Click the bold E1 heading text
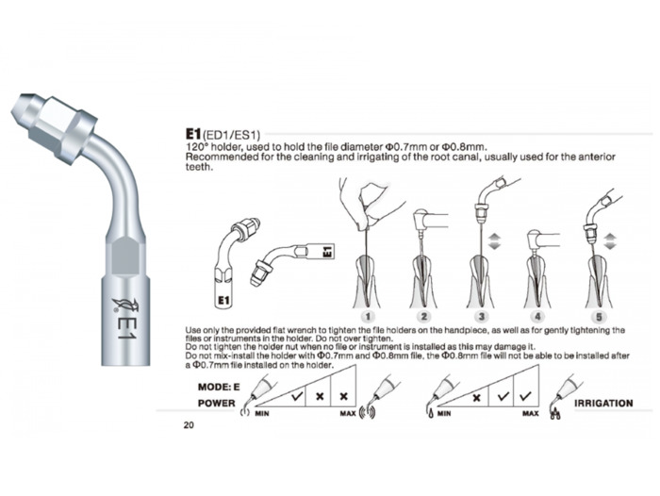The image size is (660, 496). (x=192, y=134)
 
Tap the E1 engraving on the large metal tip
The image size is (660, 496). (x=125, y=329)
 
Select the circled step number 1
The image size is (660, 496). (x=368, y=316)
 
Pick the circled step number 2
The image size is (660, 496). (x=424, y=316)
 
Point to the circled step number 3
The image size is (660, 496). (x=481, y=316)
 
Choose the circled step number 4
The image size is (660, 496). (x=537, y=316)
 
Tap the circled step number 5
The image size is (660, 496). (x=599, y=316)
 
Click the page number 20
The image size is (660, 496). (x=189, y=425)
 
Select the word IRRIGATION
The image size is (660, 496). (x=603, y=403)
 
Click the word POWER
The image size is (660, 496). (x=216, y=403)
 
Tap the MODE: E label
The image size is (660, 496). (x=219, y=387)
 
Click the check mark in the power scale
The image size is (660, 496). (x=297, y=395)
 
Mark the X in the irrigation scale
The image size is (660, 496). (x=476, y=397)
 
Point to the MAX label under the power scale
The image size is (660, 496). (x=348, y=413)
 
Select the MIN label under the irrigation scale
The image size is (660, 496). (x=444, y=413)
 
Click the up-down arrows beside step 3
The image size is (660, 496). (x=494, y=241)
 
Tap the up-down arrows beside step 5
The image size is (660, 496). (x=610, y=241)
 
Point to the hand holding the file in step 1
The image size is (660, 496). (x=364, y=202)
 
